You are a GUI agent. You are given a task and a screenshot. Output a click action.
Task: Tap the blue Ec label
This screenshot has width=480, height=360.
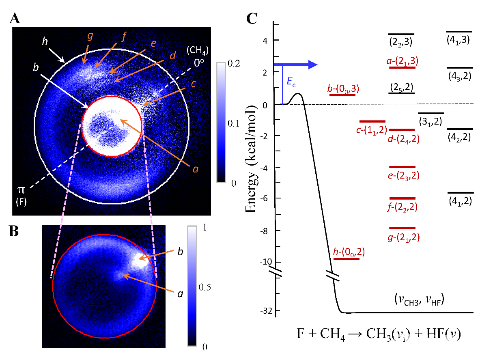[291, 82]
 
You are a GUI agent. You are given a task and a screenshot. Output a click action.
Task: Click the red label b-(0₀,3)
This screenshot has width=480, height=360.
[343, 88]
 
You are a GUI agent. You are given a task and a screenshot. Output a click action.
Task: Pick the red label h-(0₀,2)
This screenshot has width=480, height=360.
[349, 252]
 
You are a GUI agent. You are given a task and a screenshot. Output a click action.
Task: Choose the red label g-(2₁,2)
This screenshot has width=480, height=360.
[403, 237]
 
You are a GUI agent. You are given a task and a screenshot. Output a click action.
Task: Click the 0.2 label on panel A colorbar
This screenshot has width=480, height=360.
[234, 63]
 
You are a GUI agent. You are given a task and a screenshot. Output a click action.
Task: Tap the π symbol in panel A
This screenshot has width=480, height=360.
[20, 190]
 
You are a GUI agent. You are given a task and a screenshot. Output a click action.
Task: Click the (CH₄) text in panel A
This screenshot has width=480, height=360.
[198, 51]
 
